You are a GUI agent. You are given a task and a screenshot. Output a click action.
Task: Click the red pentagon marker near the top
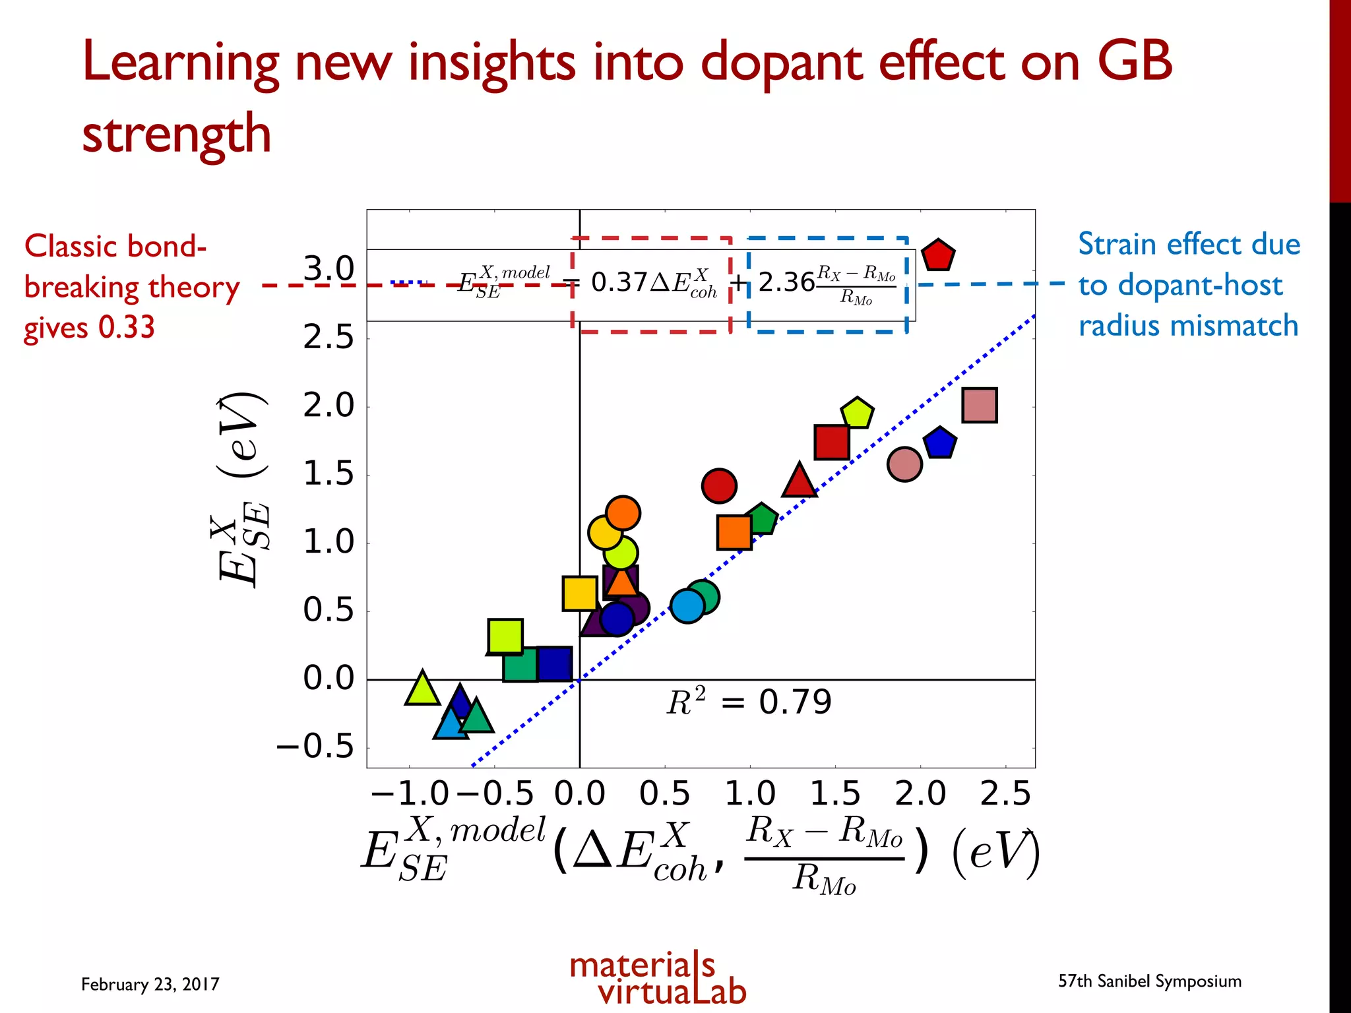coord(937,256)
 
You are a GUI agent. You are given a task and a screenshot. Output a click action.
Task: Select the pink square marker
coord(980,405)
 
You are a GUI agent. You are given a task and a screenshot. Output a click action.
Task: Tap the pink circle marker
coord(904,464)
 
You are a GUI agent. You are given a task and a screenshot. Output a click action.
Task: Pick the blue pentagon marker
coord(940,443)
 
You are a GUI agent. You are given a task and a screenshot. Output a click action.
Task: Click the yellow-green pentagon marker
coord(857,414)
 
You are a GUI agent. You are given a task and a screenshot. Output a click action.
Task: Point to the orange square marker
coord(734,532)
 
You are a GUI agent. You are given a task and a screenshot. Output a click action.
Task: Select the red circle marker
coord(719,486)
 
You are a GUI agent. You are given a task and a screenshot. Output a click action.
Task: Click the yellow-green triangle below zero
coord(422,689)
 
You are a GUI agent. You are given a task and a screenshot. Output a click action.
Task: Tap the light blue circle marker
coord(687,606)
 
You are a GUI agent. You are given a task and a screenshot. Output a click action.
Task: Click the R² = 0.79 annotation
coord(749,702)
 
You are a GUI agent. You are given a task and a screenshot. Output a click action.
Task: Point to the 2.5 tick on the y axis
coord(328,338)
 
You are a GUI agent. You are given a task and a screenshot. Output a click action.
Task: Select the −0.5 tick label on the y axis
coord(315,747)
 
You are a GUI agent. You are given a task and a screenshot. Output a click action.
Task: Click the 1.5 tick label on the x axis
coord(835,793)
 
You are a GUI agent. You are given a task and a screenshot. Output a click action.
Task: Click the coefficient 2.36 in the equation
coord(786,282)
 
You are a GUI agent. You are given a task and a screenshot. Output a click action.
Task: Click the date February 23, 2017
coord(150,984)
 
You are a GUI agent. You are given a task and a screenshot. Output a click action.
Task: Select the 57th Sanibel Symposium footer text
coord(1149,981)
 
